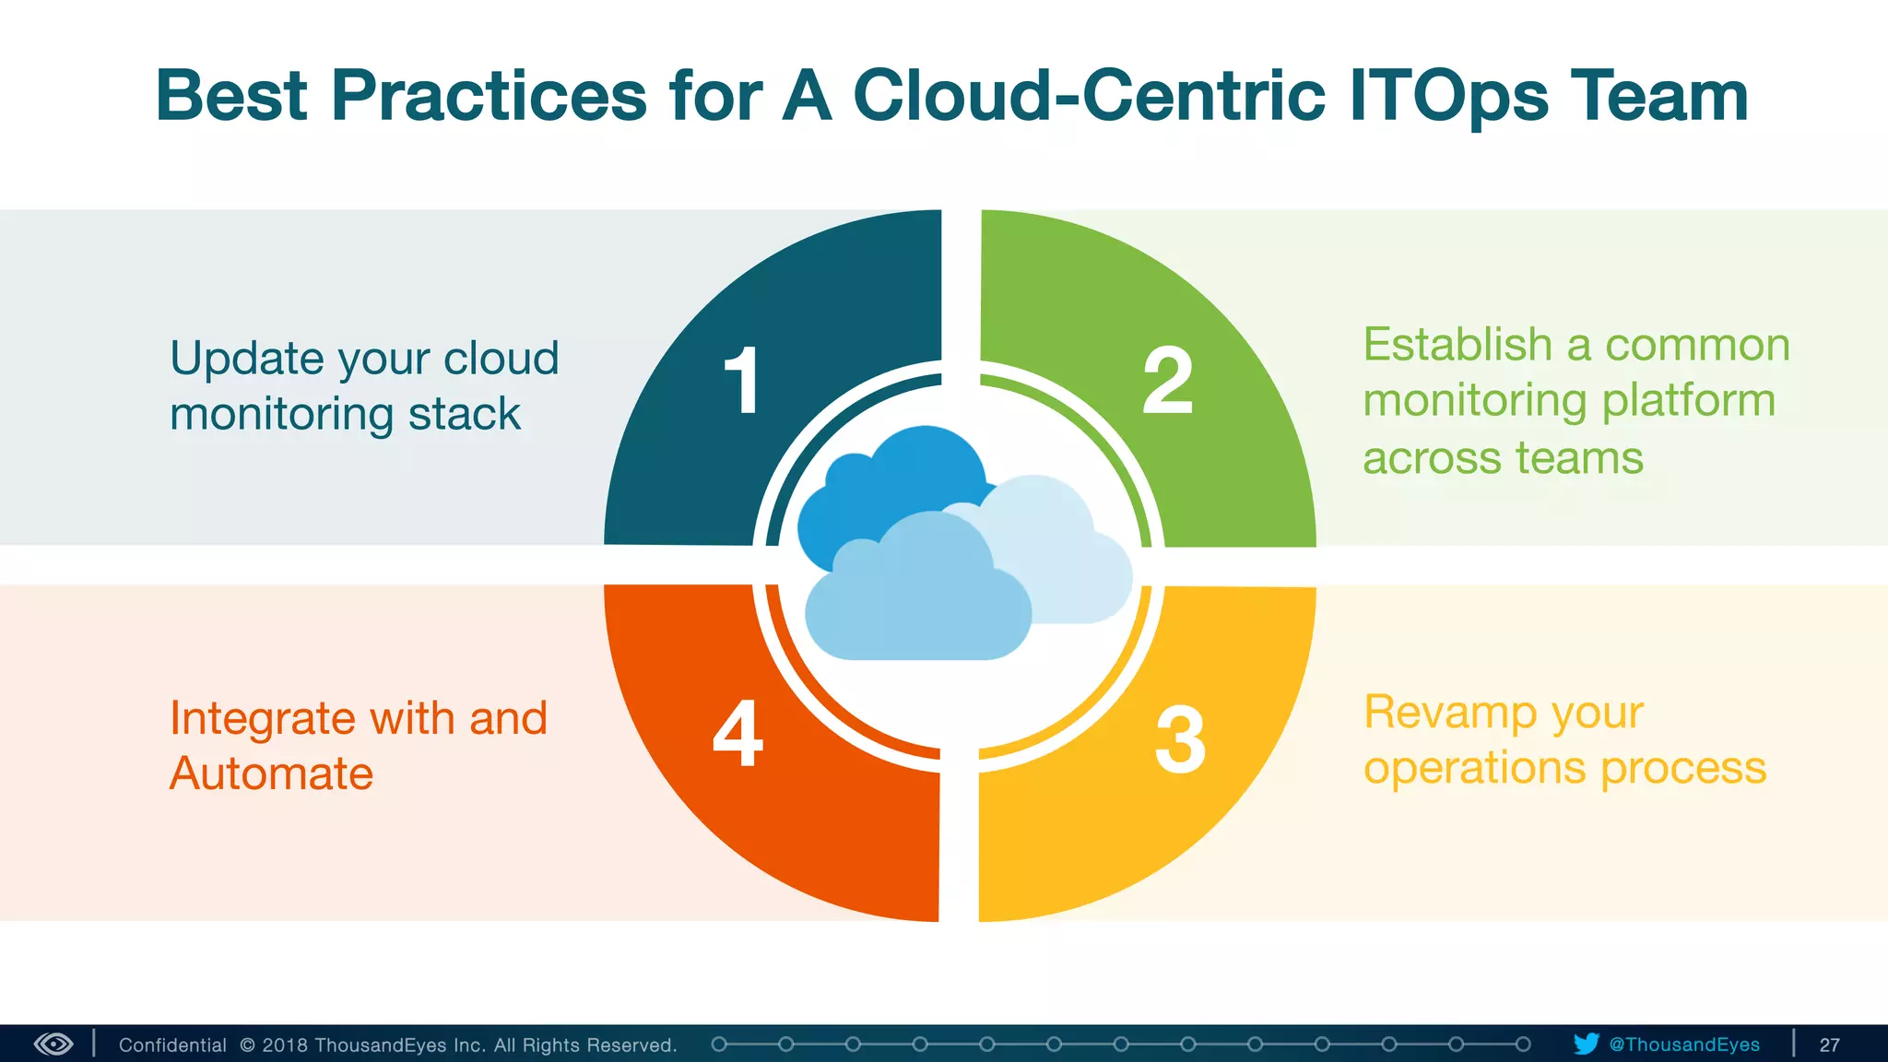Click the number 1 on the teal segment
742,380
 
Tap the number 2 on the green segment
1167,380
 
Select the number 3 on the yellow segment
1180,739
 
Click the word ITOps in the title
1448,97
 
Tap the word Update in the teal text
246,360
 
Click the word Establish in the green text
1457,345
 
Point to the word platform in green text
1688,402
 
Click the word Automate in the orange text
271,773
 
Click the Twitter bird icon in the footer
1586,1044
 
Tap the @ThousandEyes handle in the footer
1684,1044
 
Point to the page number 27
1829,1044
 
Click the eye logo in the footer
53,1044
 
